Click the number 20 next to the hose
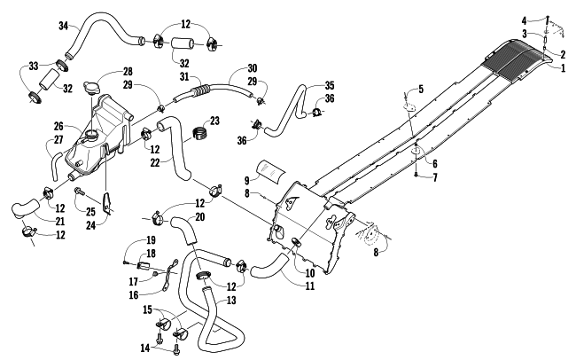200,216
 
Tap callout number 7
435,177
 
